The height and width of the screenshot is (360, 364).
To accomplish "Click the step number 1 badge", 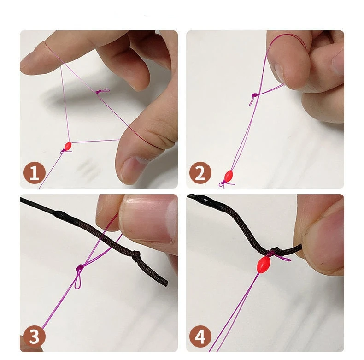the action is [x=35, y=173].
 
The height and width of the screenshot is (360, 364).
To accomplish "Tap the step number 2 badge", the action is [x=200, y=173].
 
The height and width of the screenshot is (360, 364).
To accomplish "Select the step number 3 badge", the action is [x=35, y=336].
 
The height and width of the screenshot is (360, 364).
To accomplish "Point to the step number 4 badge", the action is [x=200, y=336].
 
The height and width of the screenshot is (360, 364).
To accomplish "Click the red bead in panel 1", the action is [x=68, y=146].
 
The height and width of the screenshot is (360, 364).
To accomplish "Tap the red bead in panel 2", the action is [x=229, y=175].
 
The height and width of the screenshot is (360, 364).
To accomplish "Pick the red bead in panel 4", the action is [x=263, y=264].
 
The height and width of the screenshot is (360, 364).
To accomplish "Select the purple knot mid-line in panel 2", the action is [x=254, y=95].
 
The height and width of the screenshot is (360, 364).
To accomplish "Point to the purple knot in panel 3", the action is [x=80, y=267].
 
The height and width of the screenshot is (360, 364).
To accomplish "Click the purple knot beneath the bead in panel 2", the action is [x=226, y=183].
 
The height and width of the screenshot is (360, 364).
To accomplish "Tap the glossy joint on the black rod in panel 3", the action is [x=61, y=214].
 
